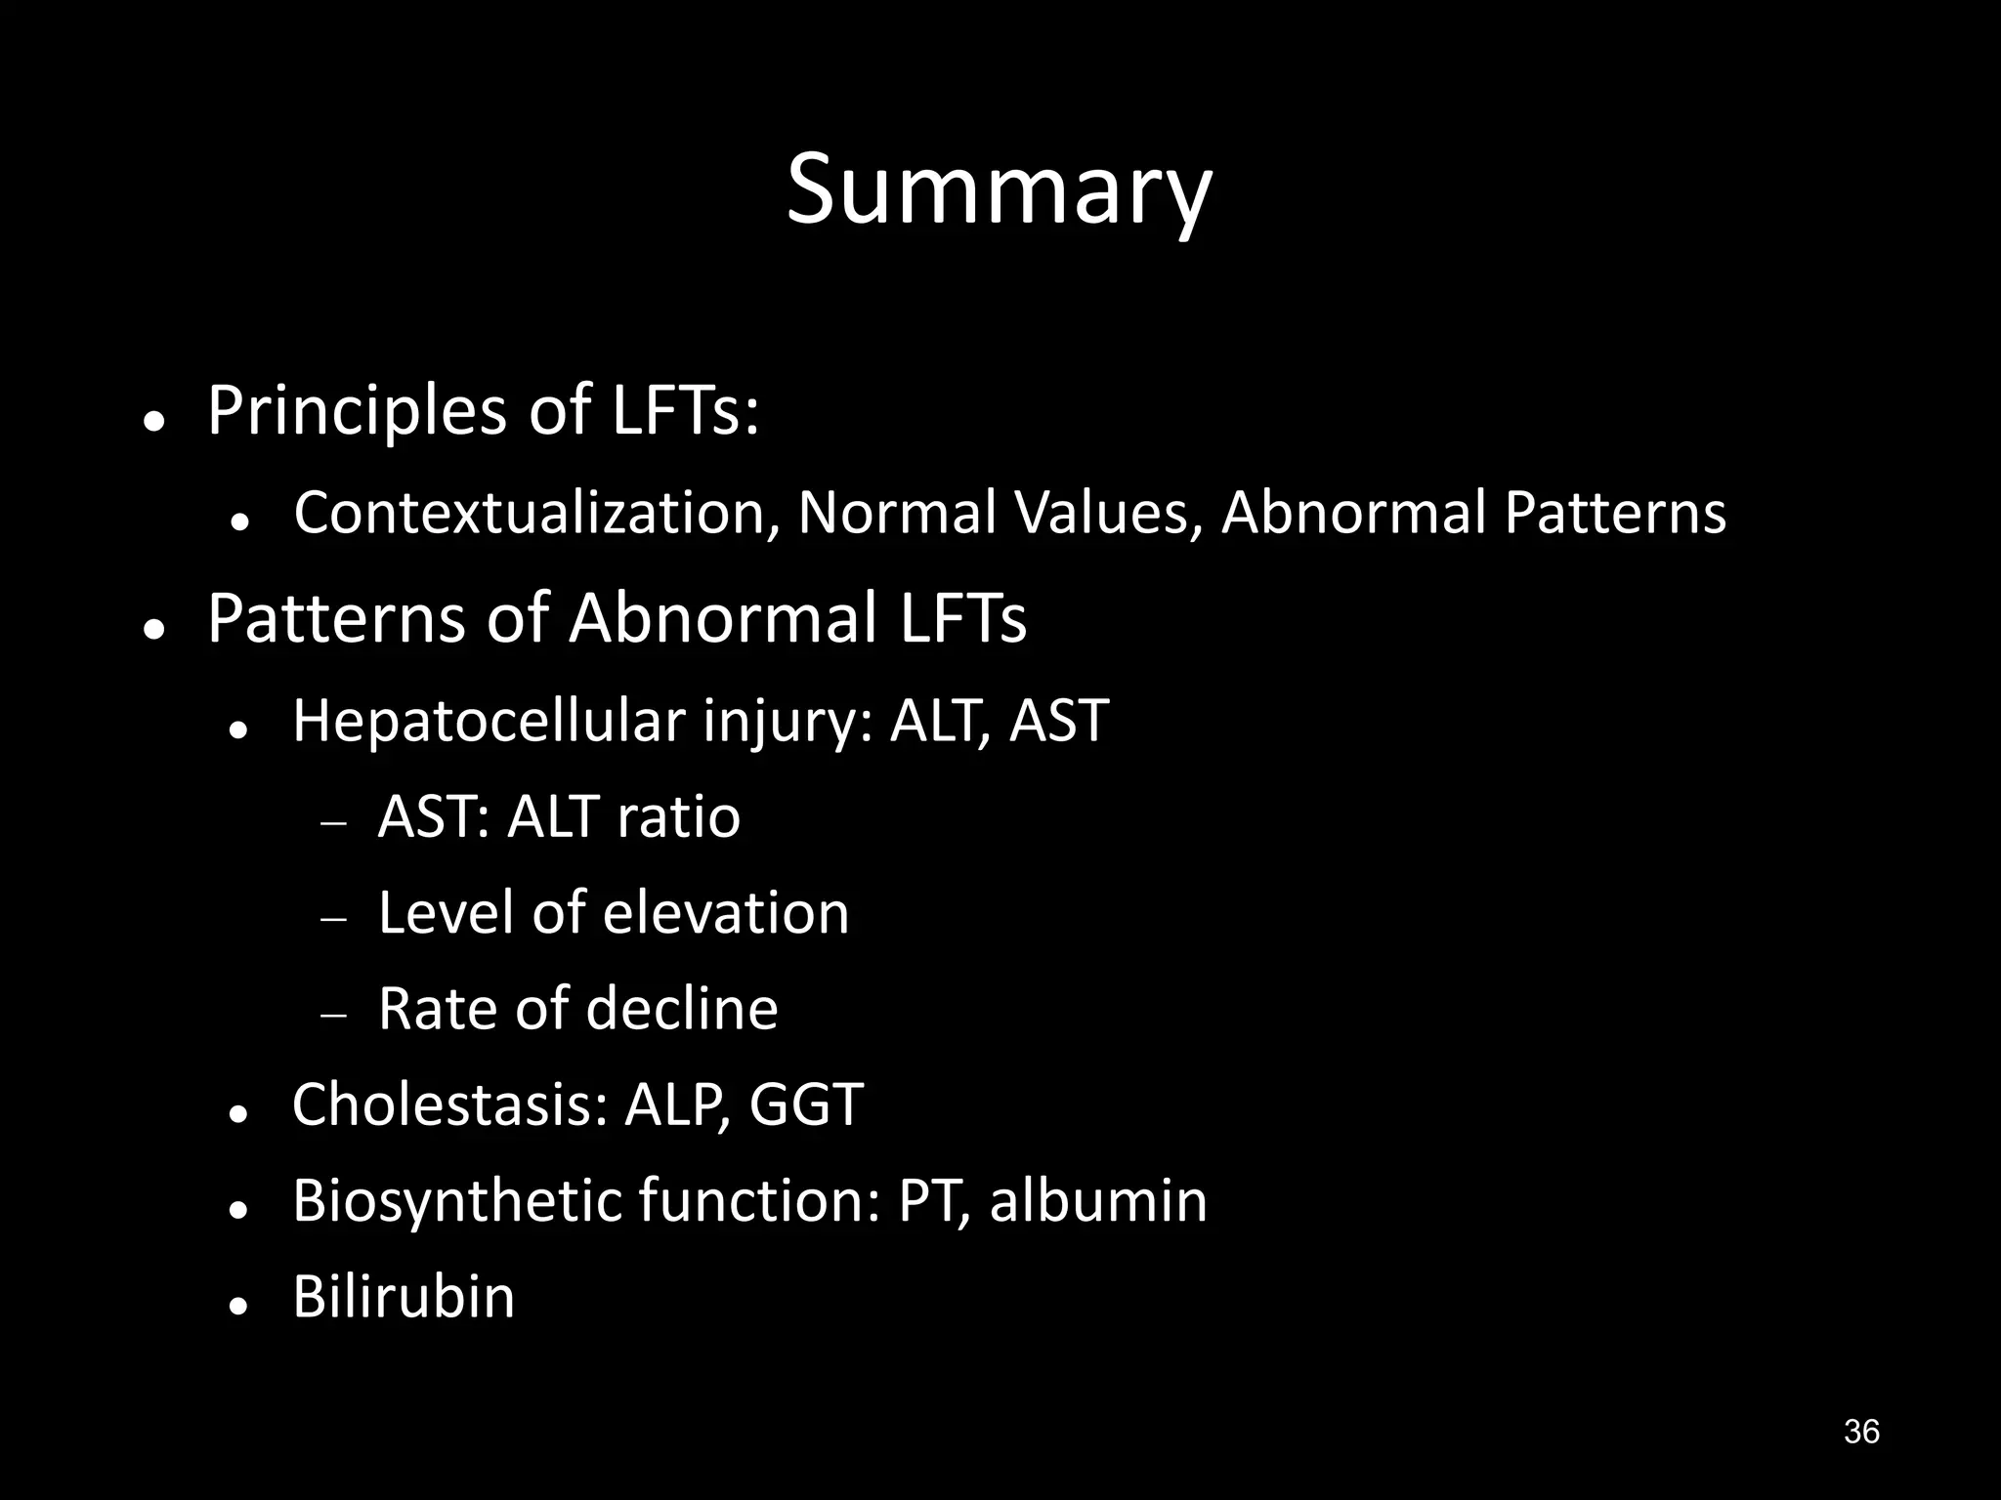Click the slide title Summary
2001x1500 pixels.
click(999, 190)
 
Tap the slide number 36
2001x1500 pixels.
click(1861, 1432)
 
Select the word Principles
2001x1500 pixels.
click(357, 410)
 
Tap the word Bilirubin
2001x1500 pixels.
click(404, 1297)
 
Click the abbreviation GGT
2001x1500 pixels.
click(806, 1104)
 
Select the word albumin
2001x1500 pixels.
click(1098, 1200)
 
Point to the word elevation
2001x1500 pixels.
click(726, 913)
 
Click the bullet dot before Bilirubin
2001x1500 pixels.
click(236, 1306)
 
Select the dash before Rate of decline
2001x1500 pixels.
click(334, 1016)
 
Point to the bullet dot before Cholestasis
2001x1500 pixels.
click(236, 1113)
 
